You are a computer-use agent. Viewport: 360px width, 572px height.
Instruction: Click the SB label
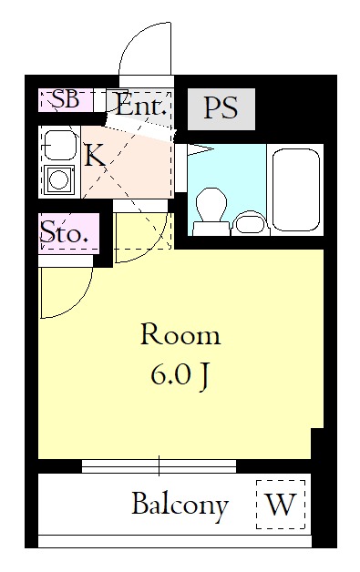(x=66, y=99)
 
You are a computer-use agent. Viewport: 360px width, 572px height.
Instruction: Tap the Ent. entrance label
(x=141, y=106)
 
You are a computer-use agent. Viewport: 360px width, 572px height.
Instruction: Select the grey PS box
(x=221, y=109)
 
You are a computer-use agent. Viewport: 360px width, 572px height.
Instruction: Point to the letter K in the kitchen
(x=95, y=155)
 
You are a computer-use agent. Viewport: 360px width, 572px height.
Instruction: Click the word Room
(x=180, y=335)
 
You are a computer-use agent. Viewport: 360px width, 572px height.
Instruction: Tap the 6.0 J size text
(x=180, y=376)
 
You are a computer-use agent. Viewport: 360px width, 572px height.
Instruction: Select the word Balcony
(x=180, y=506)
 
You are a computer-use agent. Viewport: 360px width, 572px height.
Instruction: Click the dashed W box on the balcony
(x=281, y=505)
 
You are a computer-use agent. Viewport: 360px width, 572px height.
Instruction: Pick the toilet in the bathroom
(x=211, y=210)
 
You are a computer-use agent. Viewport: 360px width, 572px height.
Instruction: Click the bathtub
(x=296, y=189)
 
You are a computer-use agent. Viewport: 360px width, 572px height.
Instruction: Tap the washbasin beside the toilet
(x=250, y=223)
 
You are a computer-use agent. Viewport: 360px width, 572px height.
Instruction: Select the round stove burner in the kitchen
(x=58, y=179)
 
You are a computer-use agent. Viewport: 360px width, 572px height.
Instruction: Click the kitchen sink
(x=59, y=145)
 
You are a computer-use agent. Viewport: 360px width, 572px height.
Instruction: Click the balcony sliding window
(x=159, y=465)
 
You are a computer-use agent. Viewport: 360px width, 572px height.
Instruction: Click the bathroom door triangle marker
(x=201, y=149)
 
